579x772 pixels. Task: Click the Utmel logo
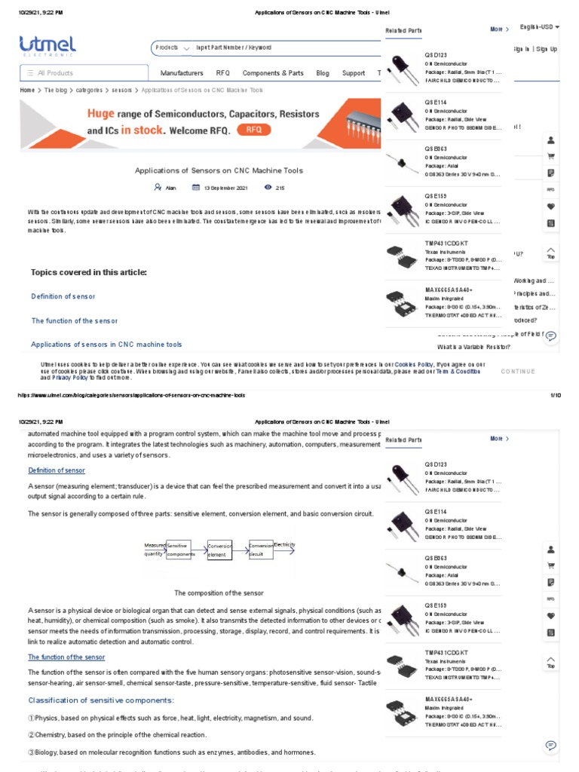47,47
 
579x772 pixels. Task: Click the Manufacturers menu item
182,73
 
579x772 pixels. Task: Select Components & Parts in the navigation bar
273,73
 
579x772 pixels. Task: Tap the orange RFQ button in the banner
253,130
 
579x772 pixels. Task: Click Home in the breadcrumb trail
27,90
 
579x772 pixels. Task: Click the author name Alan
170,188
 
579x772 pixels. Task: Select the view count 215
280,188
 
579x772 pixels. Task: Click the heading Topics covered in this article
88,272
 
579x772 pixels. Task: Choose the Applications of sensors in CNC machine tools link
106,345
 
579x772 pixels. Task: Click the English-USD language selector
539,27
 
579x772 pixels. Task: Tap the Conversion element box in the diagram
219,550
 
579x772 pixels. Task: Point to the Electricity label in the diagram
285,544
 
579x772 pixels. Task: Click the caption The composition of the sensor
219,593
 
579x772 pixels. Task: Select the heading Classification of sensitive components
102,701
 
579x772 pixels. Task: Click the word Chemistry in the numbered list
45,735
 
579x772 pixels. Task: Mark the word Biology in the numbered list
43,752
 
